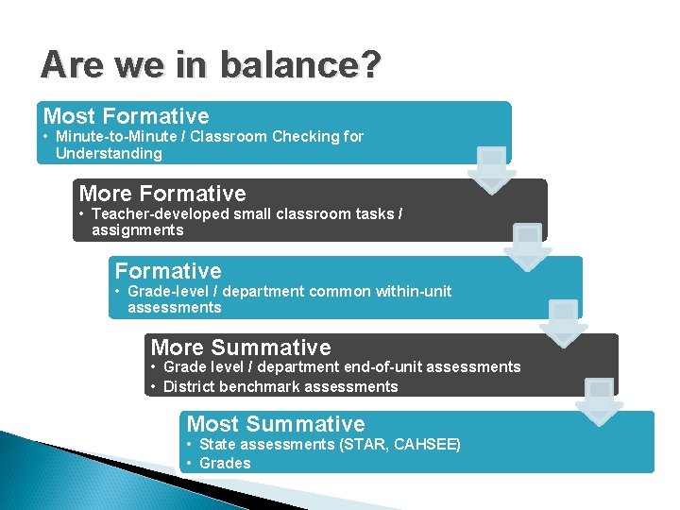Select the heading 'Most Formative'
pyautogui.click(x=127, y=116)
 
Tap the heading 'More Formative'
pyautogui.click(x=162, y=194)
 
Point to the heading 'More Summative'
pyautogui.click(x=241, y=348)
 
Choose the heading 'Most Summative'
pyautogui.click(x=276, y=424)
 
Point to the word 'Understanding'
pyautogui.click(x=109, y=153)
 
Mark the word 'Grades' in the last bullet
pyautogui.click(x=225, y=463)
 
